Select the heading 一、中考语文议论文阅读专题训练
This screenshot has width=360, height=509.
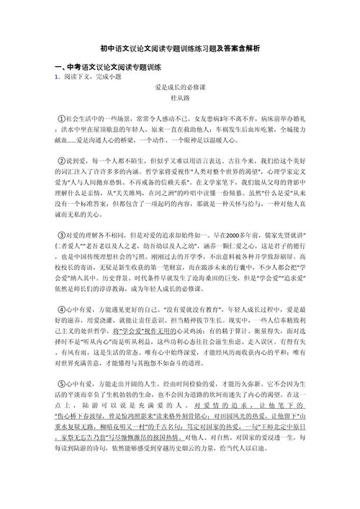107,67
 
